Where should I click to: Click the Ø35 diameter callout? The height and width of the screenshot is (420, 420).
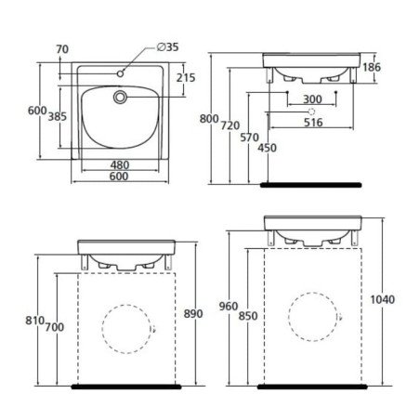coord(168,47)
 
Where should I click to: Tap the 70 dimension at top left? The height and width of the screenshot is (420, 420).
coord(62,49)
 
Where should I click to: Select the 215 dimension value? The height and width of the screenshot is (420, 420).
coord(186,78)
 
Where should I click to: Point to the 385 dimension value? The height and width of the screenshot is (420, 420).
coord(58,116)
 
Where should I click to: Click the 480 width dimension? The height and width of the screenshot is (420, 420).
coord(120,164)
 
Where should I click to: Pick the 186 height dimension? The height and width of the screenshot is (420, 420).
coord(372,67)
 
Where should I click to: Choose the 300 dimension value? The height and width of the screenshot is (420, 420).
coord(312,99)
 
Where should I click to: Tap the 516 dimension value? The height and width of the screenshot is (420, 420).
coord(313,123)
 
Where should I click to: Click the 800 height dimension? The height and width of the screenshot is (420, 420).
coord(209,119)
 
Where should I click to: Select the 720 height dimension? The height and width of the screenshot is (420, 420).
coord(230,125)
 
